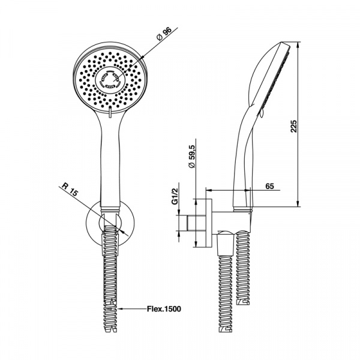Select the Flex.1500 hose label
[164, 309]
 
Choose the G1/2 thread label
[175, 197]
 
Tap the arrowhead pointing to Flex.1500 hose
[123, 309]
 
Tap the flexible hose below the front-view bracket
[111, 270]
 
